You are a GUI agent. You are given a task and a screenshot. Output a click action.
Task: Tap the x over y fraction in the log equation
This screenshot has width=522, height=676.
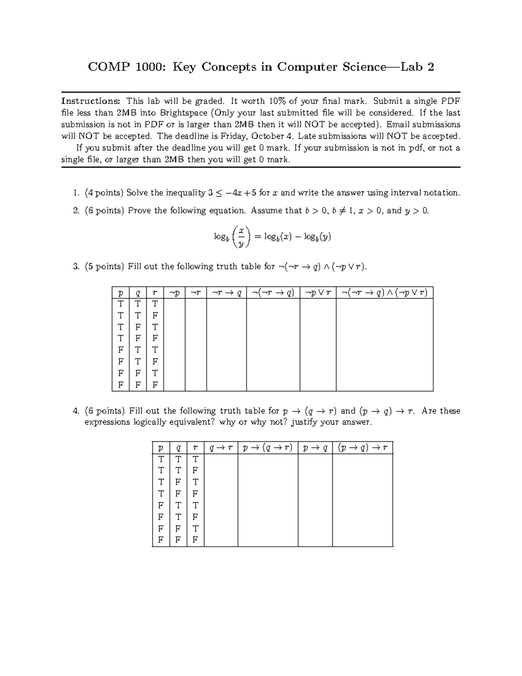click(241, 236)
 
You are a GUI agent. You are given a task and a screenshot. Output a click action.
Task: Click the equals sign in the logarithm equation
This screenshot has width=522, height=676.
click(258, 236)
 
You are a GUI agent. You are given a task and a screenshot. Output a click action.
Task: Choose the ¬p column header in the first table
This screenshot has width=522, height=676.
click(174, 293)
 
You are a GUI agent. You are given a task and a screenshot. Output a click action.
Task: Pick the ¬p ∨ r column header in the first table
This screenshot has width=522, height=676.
click(318, 293)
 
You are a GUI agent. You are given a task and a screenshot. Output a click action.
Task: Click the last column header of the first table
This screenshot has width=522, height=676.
click(385, 293)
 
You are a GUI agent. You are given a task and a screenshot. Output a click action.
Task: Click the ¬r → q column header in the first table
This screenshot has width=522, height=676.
click(226, 293)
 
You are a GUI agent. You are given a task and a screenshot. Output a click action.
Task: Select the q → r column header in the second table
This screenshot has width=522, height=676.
click(221, 448)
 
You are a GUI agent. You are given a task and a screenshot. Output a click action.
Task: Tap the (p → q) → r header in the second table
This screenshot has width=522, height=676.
click(362, 448)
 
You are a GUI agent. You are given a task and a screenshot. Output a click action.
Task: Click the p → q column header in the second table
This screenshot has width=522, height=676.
click(315, 448)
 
